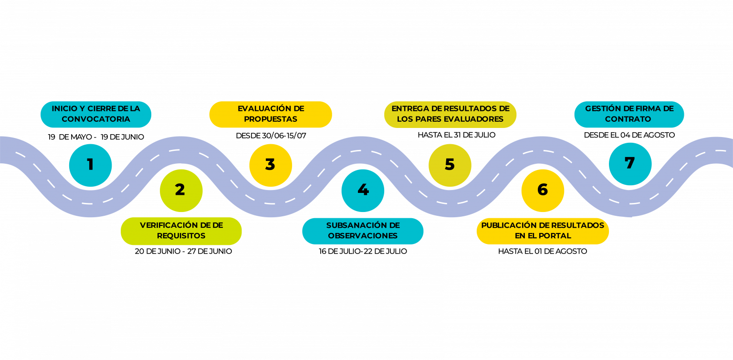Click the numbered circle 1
click(x=90, y=165)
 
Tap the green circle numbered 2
click(x=181, y=191)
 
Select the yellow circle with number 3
click(x=271, y=165)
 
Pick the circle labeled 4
click(x=363, y=191)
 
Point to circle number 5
click(x=450, y=165)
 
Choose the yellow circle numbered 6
click(x=543, y=191)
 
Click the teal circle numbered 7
click(x=630, y=164)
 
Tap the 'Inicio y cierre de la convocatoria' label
click(x=96, y=114)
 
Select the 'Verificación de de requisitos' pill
click(x=181, y=231)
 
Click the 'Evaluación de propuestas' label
click(x=271, y=114)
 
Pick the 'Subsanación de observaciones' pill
click(x=363, y=231)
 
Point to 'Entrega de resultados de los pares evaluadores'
click(x=450, y=114)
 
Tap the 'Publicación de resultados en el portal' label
click(x=543, y=231)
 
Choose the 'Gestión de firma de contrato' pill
click(x=629, y=114)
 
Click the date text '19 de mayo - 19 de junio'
click(x=96, y=137)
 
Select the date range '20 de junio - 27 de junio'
click(x=183, y=251)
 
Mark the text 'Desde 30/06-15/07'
click(x=271, y=136)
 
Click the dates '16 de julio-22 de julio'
click(x=363, y=251)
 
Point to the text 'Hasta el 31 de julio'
click(x=457, y=135)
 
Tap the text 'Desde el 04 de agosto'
click(x=629, y=135)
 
